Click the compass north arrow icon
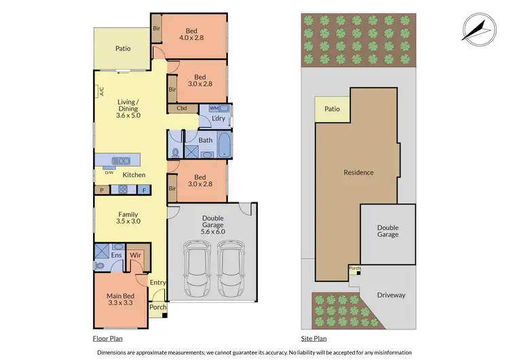(479, 29)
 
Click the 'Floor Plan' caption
(107, 338)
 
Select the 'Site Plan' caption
(314, 338)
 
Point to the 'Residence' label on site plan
(358, 173)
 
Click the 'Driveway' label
(391, 295)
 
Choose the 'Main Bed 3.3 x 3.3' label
(118, 300)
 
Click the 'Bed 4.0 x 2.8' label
(200, 34)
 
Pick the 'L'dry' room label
(218, 119)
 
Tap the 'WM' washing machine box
(214, 108)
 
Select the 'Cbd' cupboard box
(182, 108)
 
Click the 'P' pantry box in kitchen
(102, 190)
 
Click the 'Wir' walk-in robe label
(135, 255)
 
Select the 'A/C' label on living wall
(100, 91)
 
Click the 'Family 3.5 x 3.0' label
(128, 217)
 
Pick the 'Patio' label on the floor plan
(122, 48)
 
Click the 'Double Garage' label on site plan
(388, 230)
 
